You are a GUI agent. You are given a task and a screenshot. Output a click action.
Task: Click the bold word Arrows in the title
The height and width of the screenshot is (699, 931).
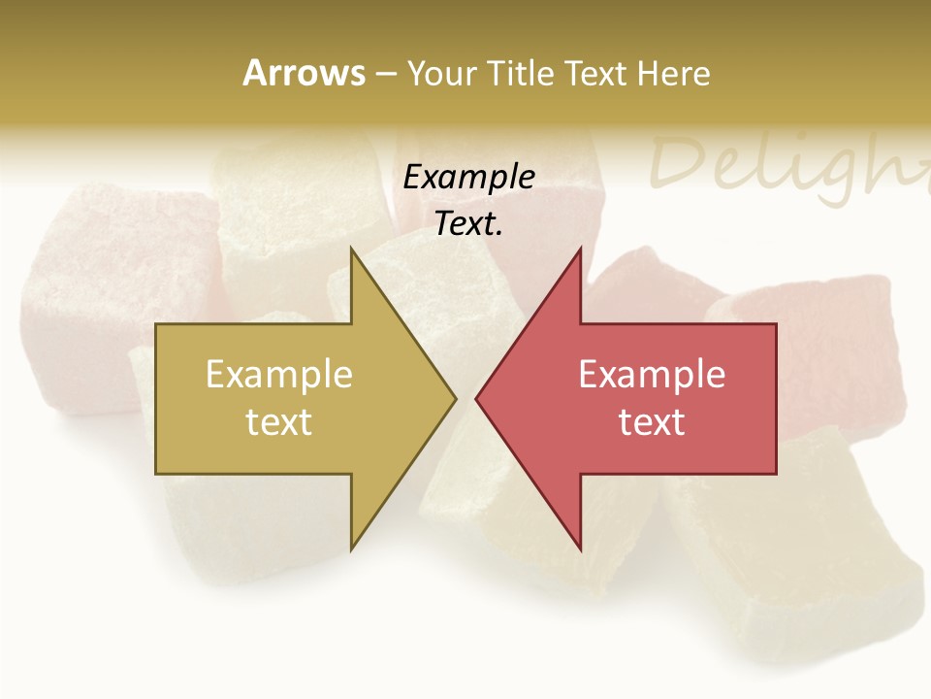tap(304, 73)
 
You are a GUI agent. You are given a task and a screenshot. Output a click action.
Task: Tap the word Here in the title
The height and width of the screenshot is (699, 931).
tap(673, 73)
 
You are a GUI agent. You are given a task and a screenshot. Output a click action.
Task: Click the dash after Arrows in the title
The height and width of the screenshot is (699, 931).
tap(385, 74)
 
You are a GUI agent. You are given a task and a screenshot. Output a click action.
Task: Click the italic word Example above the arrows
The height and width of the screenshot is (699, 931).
tap(469, 177)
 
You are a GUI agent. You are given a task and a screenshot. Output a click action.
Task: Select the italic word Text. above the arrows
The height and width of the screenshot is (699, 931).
tap(469, 224)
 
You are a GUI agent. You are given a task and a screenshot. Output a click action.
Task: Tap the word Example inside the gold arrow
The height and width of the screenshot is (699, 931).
tap(279, 374)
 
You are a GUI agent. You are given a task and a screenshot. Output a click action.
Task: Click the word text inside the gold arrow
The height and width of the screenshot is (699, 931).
tap(279, 422)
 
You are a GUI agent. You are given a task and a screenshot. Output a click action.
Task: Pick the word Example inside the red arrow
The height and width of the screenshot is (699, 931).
tap(652, 374)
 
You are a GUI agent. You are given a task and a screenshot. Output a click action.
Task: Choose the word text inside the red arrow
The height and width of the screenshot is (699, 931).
tap(652, 422)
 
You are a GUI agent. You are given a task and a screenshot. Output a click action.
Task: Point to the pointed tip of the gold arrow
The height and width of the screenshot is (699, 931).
tap(455, 398)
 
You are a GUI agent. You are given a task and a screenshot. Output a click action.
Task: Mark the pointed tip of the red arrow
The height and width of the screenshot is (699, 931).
tap(477, 398)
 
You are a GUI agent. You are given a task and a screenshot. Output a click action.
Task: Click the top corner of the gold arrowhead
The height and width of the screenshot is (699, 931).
tap(351, 249)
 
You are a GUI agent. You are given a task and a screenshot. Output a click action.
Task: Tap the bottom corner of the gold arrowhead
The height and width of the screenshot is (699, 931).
tap(351, 549)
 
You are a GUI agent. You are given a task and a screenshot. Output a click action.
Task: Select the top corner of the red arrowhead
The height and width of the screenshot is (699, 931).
tap(581, 249)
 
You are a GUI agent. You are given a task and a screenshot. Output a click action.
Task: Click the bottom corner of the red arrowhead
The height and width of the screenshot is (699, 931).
tap(581, 549)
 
